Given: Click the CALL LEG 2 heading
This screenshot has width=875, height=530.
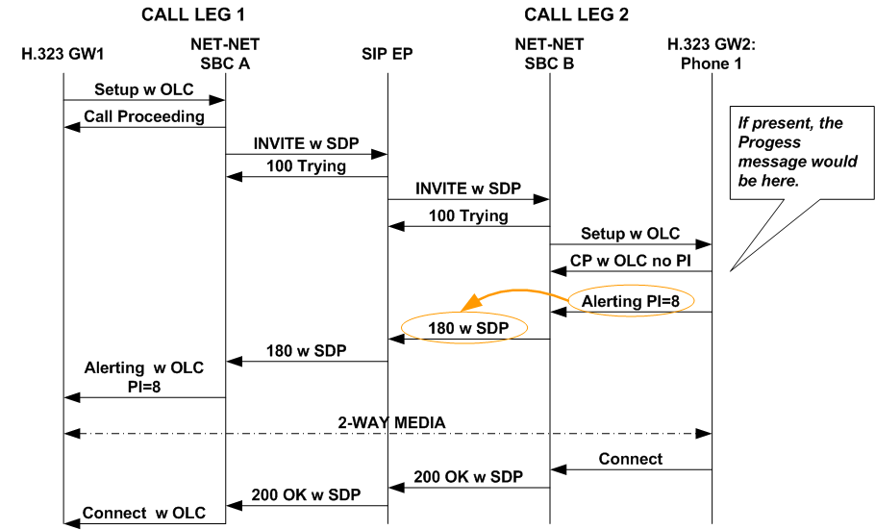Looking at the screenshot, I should click(576, 14).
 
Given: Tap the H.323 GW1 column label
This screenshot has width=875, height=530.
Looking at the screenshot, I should click(63, 54).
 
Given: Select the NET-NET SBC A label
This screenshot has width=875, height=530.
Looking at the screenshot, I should click(225, 54).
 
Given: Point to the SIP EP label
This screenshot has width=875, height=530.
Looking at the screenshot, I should click(387, 54).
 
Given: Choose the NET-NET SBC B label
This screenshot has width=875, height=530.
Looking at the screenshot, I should click(549, 54).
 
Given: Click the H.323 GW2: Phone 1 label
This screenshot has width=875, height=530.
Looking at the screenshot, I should click(712, 55).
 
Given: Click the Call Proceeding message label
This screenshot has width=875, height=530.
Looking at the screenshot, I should click(144, 116).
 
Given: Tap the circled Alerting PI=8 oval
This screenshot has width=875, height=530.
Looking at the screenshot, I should click(630, 302).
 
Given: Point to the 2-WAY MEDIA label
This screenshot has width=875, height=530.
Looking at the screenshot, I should click(387, 421).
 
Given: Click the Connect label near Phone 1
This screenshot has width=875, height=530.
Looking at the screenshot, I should click(630, 459).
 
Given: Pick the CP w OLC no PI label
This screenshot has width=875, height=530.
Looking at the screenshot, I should click(630, 261).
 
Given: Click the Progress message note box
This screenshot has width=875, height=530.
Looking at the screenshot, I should click(794, 151).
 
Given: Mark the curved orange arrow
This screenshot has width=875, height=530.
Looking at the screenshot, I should click(510, 291).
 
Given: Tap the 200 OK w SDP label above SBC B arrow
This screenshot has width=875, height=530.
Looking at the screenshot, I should click(468, 476).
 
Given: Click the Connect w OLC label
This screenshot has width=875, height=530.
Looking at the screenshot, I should click(144, 513).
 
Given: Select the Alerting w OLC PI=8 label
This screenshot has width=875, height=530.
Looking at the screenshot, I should click(144, 378).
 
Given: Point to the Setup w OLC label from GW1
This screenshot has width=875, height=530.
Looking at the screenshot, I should click(144, 89).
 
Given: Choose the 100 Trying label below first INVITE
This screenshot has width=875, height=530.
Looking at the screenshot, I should click(306, 167).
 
